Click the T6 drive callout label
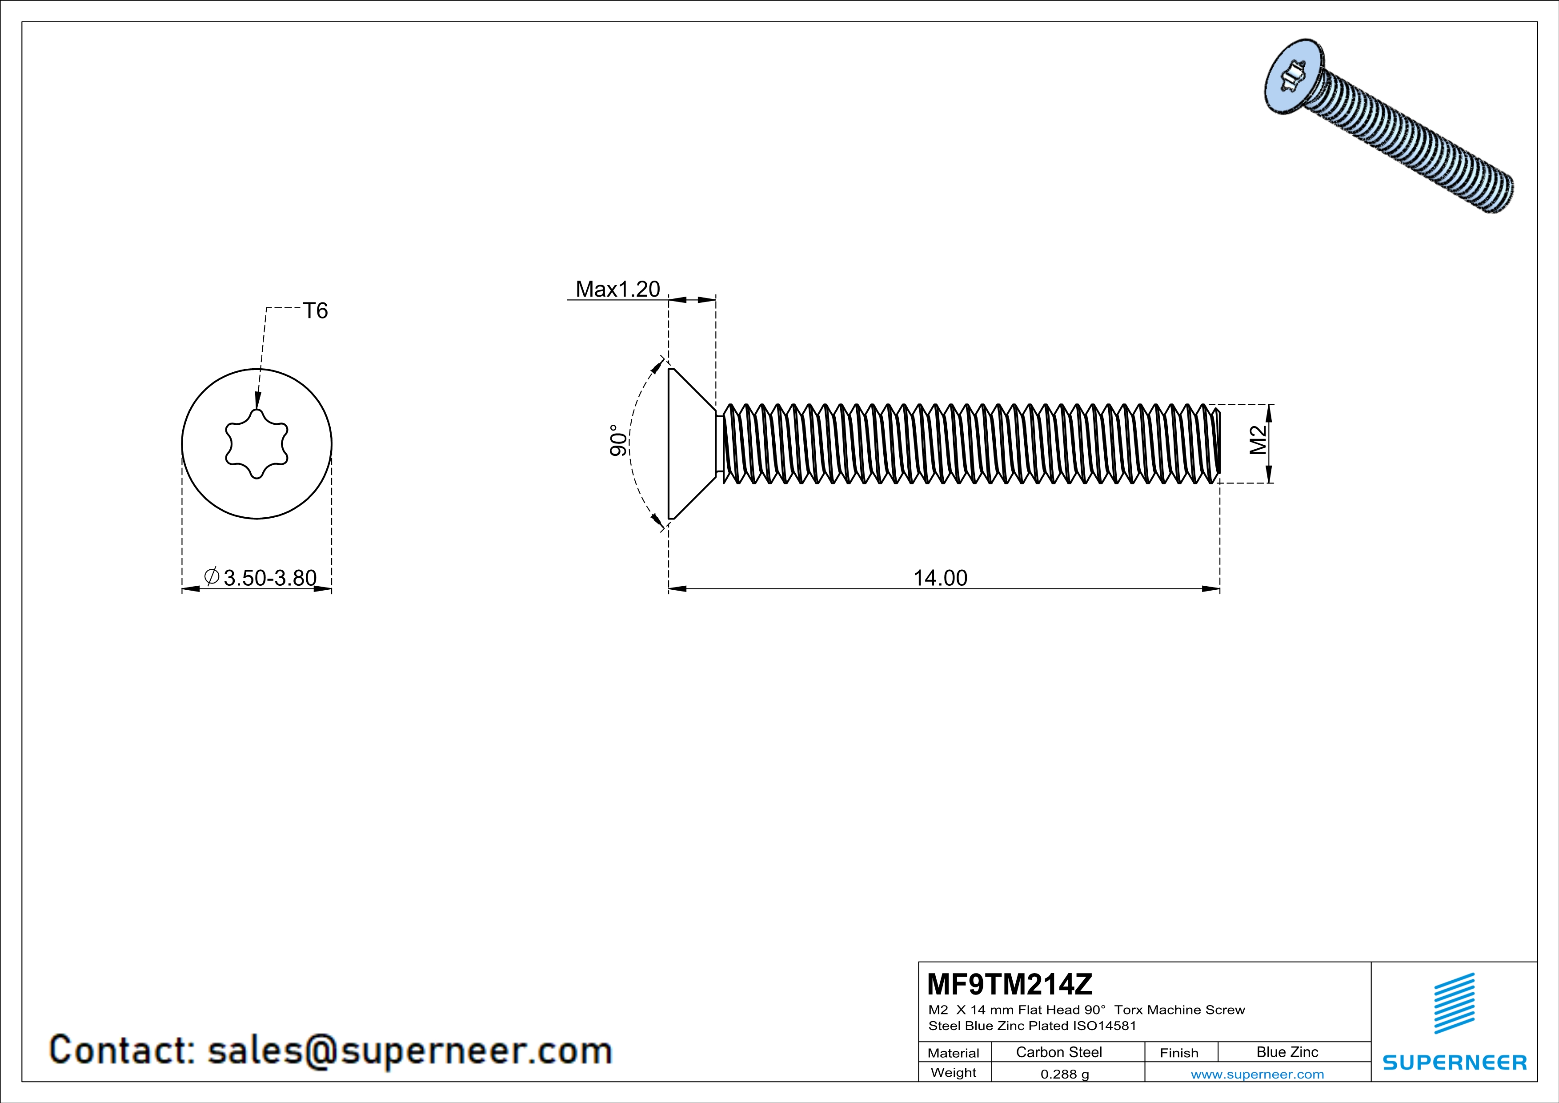click(315, 311)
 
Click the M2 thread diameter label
click(1258, 440)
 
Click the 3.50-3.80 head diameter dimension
click(269, 578)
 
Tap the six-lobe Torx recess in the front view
click(256, 444)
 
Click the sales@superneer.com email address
click(409, 1051)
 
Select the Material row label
click(954, 1053)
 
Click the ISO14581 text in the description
click(1104, 1026)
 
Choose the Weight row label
click(954, 1073)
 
